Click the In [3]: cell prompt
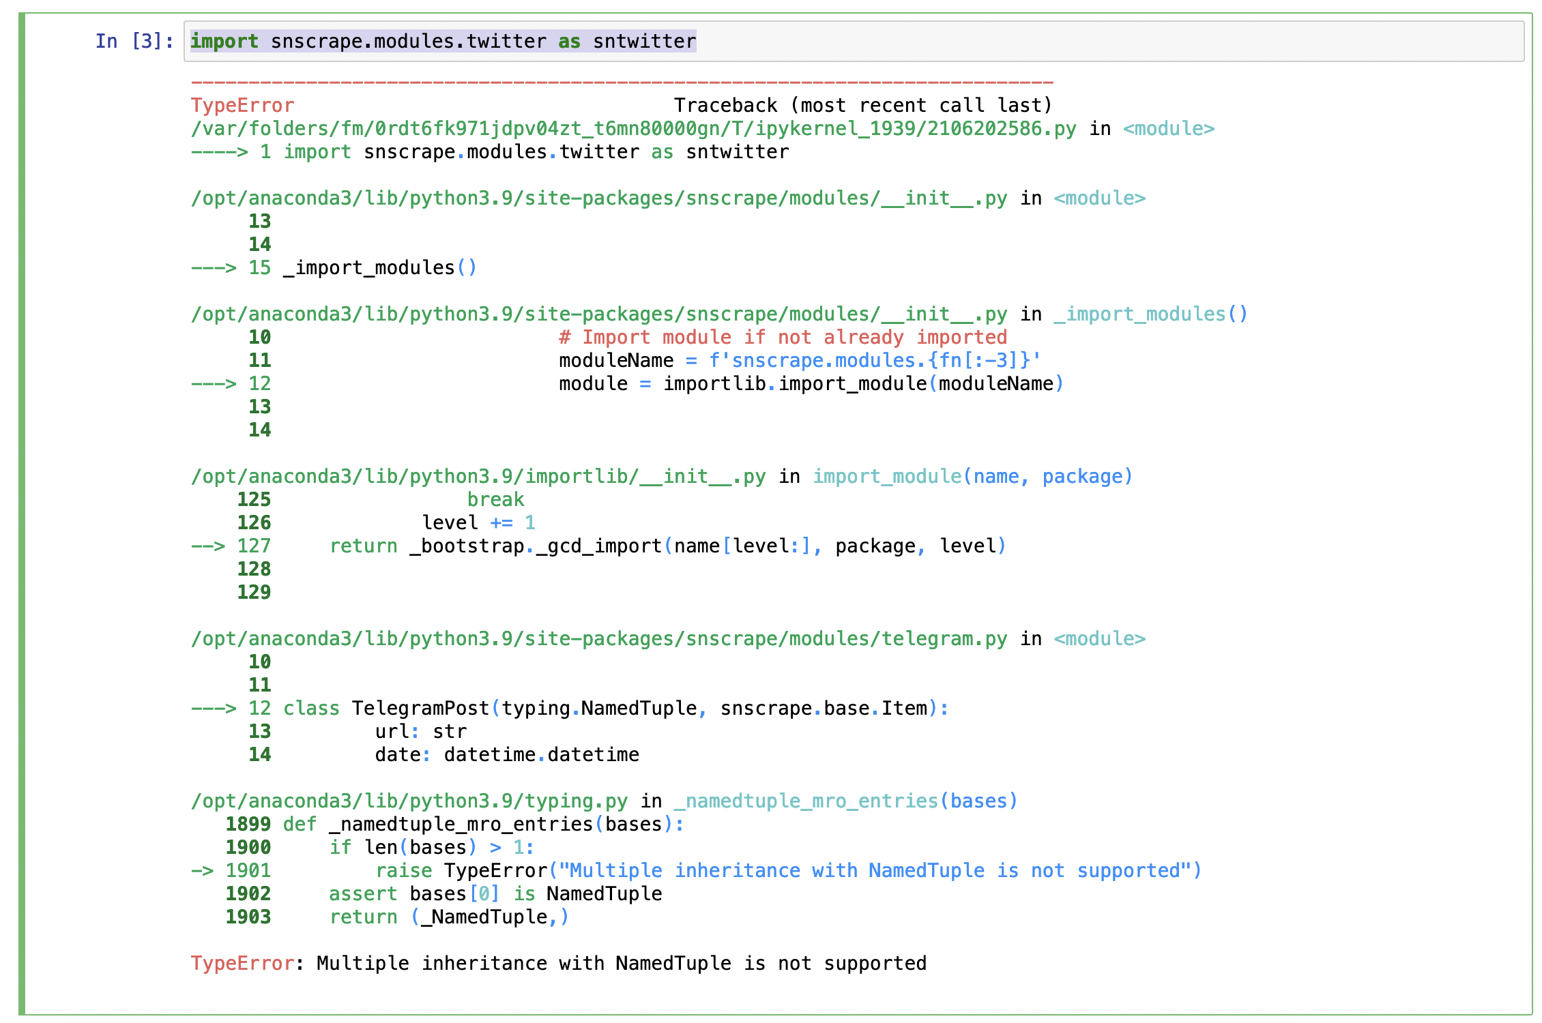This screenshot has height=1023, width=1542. tap(134, 42)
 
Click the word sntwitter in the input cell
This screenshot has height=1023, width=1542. tap(644, 42)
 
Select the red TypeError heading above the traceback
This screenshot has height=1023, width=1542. tap(242, 106)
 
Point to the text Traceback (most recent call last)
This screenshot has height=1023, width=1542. tap(862, 106)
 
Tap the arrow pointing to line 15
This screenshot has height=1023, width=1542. tap(214, 268)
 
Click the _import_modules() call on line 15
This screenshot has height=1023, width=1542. tap(379, 268)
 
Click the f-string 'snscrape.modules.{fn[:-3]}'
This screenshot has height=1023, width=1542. tap(875, 361)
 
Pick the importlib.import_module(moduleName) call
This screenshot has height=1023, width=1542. tap(863, 384)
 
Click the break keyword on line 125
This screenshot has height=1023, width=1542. tap(495, 500)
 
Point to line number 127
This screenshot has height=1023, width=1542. tap(254, 546)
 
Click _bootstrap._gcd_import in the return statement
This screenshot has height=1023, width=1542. tap(536, 546)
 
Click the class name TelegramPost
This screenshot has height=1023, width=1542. tap(420, 709)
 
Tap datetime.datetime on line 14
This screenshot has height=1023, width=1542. tap(541, 755)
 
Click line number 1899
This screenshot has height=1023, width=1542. tap(248, 825)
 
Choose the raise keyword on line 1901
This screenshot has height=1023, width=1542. tap(403, 871)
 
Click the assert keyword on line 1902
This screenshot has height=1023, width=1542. tap(362, 894)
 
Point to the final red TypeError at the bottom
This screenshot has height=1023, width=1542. tap(242, 964)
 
